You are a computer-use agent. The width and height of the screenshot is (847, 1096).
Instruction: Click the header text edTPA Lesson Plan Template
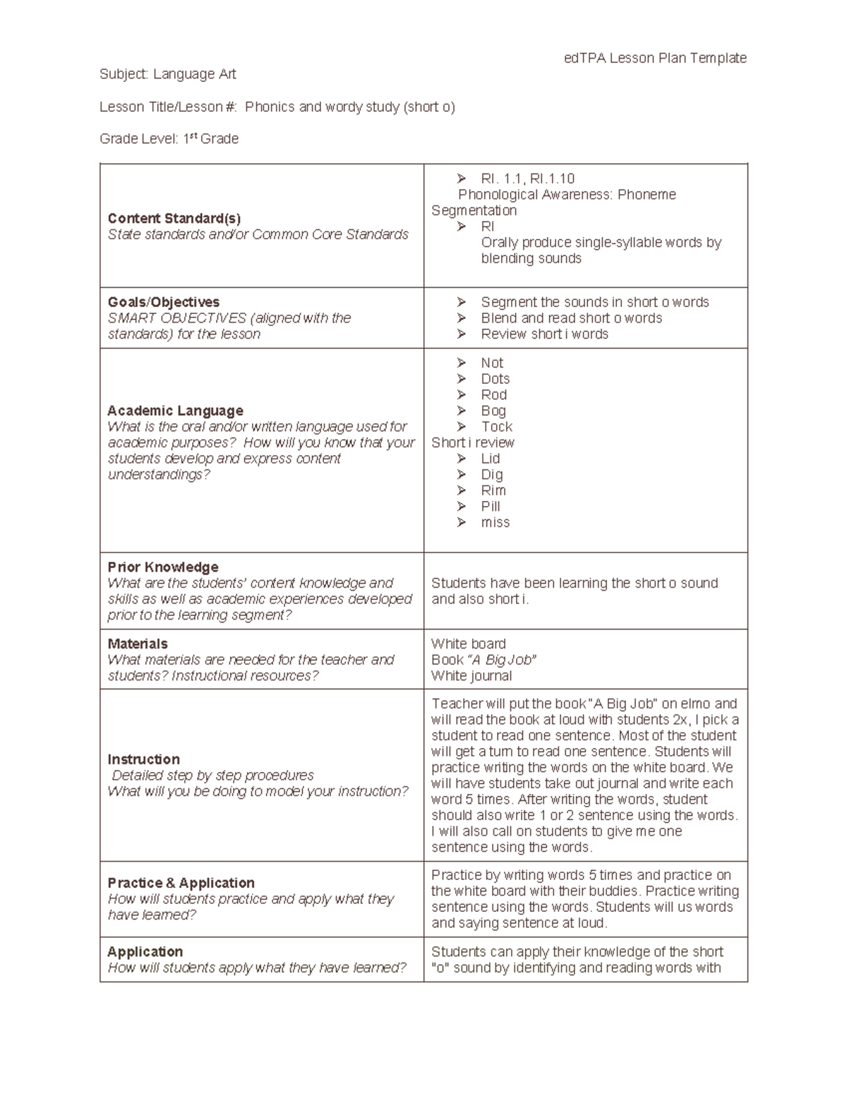pos(654,58)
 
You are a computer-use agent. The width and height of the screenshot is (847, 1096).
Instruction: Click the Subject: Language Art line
pos(167,74)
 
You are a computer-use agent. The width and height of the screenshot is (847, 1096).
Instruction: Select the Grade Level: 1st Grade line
pos(169,139)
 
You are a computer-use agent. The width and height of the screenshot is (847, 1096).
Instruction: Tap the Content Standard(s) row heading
pos(174,218)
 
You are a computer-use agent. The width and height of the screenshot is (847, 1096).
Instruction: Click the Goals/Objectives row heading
pos(163,302)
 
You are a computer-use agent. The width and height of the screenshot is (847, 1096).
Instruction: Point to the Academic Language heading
pos(175,411)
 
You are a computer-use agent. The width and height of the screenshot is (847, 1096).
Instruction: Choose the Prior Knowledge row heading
pos(162,567)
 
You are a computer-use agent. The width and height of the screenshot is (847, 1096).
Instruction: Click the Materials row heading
pos(138,644)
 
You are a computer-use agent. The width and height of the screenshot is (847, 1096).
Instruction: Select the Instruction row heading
pos(143,759)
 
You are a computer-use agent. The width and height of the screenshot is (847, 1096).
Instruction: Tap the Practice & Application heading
pos(181,883)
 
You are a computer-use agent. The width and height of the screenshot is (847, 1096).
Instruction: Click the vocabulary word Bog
pos(493,411)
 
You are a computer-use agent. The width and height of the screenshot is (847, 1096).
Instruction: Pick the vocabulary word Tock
pos(496,427)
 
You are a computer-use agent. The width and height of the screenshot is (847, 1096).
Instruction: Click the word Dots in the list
pos(495,379)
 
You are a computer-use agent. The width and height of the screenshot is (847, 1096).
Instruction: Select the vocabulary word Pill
pos(491,507)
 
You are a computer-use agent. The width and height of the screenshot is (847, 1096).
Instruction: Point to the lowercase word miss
pos(495,523)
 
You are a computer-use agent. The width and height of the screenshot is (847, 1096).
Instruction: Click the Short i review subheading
pos(472,442)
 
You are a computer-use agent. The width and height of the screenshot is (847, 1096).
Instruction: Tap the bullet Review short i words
pos(544,335)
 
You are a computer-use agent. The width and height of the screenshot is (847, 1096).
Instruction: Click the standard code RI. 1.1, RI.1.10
pos(527,179)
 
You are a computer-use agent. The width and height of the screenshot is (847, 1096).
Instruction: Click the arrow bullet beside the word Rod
pos(462,395)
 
